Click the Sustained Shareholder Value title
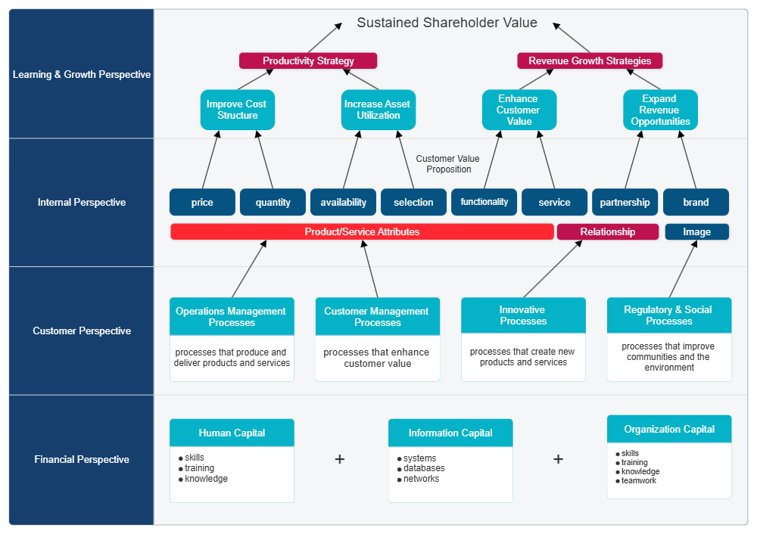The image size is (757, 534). coord(447,23)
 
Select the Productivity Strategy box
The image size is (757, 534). coord(308,61)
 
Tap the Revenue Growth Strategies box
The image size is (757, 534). coord(590,61)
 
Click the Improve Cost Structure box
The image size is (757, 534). coord(237,110)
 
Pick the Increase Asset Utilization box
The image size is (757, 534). coord(378,110)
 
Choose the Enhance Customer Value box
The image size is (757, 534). coord(519,110)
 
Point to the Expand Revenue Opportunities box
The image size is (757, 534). coord(660,110)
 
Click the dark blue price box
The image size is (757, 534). coord(202,202)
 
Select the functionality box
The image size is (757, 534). coord(484,202)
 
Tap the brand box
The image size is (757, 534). coord(696,202)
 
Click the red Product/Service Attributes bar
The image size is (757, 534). coord(362,231)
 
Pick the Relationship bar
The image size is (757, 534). coord(607,231)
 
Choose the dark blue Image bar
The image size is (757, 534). coord(696,231)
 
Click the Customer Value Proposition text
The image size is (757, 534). coord(448,164)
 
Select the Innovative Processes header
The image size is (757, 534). coord(523,315)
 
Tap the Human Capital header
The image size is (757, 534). coord(232,433)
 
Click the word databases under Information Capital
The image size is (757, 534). coord(424,468)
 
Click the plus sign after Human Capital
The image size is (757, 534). coord(340,459)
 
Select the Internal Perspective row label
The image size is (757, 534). coord(82,202)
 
